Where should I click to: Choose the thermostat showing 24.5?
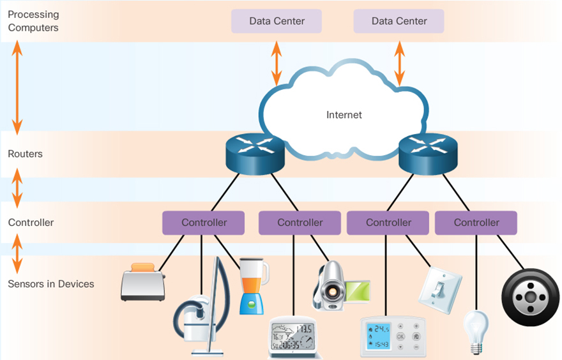[392, 335]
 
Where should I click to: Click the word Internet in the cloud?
[344, 115]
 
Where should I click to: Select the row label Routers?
[25, 154]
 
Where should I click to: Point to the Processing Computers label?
[33, 21]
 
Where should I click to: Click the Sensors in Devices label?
[50, 283]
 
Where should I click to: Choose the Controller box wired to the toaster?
[204, 223]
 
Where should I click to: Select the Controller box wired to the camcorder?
[300, 223]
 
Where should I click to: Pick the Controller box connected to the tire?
[476, 223]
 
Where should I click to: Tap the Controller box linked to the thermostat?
[388, 223]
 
